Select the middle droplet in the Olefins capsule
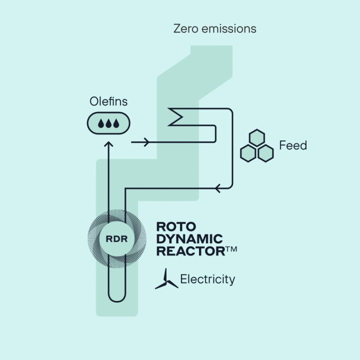tap(108, 123)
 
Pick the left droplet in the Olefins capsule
tap(101, 123)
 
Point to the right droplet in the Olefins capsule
tap(116, 123)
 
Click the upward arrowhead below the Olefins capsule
tap(108, 145)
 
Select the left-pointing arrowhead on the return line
tap(217, 188)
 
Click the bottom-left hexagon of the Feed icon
tap(249, 152)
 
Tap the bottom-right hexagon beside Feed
tap(265, 152)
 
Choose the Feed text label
tap(293, 146)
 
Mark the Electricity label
tap(207, 279)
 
